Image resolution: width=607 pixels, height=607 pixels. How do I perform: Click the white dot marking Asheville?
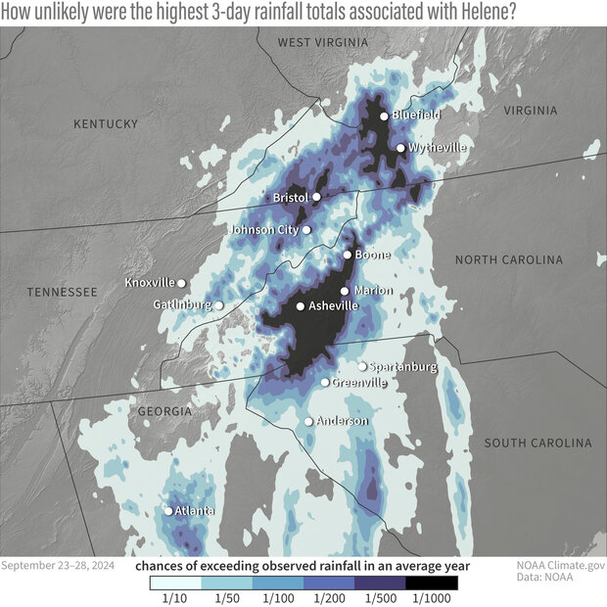[301, 306]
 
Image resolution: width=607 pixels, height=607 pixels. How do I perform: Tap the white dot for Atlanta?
[168, 511]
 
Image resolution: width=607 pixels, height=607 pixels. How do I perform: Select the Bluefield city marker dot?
[385, 116]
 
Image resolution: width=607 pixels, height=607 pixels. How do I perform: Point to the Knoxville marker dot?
[181, 283]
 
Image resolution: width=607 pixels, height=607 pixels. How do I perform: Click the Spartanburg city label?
[402, 366]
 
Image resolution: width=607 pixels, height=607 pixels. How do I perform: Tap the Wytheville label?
[437, 148]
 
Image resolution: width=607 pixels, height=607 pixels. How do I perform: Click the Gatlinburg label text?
[182, 305]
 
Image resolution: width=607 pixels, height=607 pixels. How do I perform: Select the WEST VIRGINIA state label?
[323, 42]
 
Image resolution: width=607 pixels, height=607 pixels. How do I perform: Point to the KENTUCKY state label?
[106, 123]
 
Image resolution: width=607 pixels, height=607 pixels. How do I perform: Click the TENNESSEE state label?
[62, 292]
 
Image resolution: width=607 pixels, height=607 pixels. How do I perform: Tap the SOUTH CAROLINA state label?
[537, 443]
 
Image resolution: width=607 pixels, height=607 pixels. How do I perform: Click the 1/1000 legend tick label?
[431, 597]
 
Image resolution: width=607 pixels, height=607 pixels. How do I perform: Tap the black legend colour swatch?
[432, 582]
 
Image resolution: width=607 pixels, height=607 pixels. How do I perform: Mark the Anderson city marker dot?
[308, 421]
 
